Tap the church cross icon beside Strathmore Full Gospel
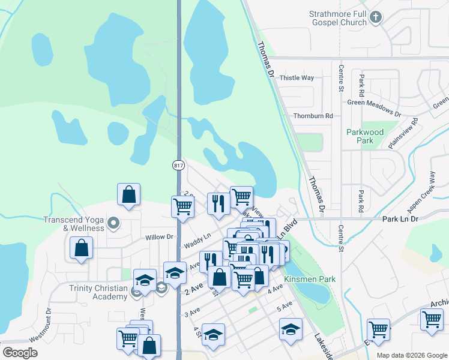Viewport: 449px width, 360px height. (376, 17)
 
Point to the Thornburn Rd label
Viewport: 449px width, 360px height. (313, 116)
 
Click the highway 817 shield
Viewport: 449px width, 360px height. (178, 165)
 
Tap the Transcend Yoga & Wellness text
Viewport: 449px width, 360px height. (74, 224)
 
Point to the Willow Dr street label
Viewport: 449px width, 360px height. (159, 237)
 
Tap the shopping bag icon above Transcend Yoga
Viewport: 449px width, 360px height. (129, 194)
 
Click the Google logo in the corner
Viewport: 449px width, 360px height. (20, 353)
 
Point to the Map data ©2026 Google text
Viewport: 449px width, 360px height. (411, 355)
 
